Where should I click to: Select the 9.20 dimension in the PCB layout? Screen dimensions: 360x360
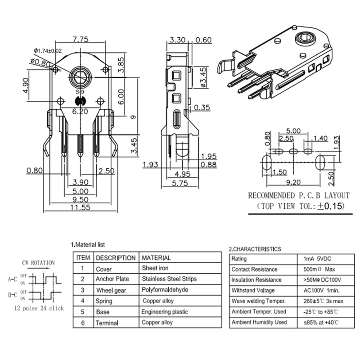tap(293, 182)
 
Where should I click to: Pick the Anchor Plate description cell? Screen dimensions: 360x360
tap(112, 279)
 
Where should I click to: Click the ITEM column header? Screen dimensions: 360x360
tap(83, 258)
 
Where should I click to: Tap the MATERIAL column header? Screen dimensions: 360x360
tap(156, 258)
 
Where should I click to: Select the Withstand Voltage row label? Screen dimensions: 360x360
tap(253, 291)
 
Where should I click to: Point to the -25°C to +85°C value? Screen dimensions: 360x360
tap(321, 312)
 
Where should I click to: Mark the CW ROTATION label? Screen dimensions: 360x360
tap(38, 263)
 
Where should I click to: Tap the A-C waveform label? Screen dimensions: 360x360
tap(13, 279)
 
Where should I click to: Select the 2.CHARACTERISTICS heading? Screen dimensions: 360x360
tap(255, 249)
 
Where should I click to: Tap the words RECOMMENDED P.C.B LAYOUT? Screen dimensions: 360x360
tap(299, 196)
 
